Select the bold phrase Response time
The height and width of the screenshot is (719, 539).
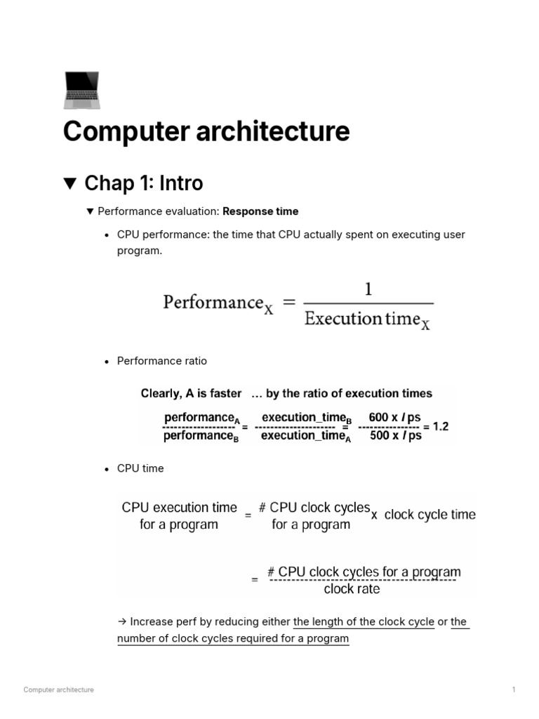(x=260, y=211)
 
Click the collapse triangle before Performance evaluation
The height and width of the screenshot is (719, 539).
(x=89, y=211)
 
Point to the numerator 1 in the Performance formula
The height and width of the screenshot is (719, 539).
(x=368, y=289)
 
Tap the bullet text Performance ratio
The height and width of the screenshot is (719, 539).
(x=162, y=361)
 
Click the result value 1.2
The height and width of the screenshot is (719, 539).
(x=441, y=426)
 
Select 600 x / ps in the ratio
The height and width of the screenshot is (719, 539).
(x=394, y=417)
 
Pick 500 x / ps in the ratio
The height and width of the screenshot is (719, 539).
(x=395, y=435)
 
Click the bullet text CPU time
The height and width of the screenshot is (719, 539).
(x=140, y=468)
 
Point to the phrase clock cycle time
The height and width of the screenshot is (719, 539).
(x=430, y=515)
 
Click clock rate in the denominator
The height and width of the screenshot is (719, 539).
(x=352, y=589)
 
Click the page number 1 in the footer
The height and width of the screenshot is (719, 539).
(x=514, y=690)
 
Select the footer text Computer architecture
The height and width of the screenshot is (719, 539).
(x=58, y=690)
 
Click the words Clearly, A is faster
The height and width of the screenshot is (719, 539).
(x=191, y=393)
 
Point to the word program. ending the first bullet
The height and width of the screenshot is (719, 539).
(x=139, y=251)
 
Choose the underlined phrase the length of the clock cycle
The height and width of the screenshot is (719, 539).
(x=364, y=622)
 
